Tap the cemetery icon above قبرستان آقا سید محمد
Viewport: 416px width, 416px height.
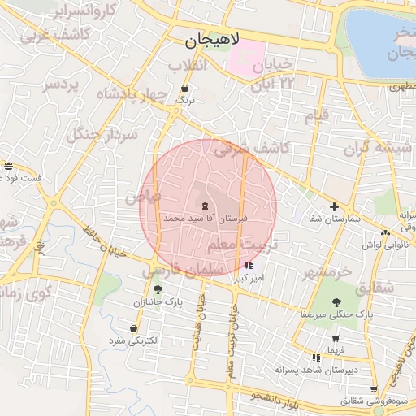tap(204, 206)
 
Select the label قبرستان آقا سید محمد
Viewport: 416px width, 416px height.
tap(204, 219)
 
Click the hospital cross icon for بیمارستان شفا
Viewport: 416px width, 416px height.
tap(334, 206)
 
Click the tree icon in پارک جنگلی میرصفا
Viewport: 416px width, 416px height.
tap(336, 300)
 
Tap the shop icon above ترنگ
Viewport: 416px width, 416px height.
tap(186, 88)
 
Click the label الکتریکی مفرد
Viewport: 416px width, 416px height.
tap(137, 341)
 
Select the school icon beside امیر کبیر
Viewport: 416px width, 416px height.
tap(248, 265)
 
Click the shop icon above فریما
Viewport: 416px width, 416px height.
tap(336, 337)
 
